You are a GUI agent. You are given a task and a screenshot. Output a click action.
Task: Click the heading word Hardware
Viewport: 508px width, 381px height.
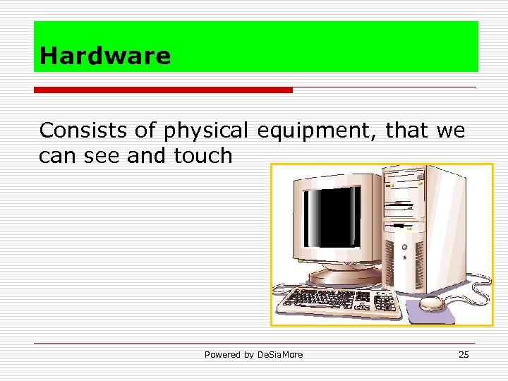pyautogui.click(x=105, y=56)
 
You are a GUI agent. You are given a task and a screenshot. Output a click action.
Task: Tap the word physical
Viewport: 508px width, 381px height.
pyautogui.click(x=206, y=131)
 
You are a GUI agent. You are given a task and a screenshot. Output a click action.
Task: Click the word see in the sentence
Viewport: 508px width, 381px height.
pyautogui.click(x=103, y=156)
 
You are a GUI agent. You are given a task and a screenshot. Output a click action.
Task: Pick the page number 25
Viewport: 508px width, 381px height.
pyautogui.click(x=464, y=354)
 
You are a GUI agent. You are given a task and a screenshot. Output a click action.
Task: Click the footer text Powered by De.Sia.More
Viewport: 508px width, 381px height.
pyautogui.click(x=253, y=354)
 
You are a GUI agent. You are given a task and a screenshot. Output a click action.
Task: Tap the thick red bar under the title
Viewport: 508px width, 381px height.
pyautogui.click(x=163, y=90)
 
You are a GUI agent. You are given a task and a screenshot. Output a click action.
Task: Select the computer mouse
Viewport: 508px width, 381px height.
pyautogui.click(x=432, y=303)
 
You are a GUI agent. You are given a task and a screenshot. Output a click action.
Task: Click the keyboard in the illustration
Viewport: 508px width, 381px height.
pyautogui.click(x=339, y=302)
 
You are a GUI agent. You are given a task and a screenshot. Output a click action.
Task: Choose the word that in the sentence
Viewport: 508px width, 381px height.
pyautogui.click(x=408, y=131)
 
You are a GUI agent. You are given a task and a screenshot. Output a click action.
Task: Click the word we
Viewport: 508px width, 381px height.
pyautogui.click(x=450, y=131)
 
